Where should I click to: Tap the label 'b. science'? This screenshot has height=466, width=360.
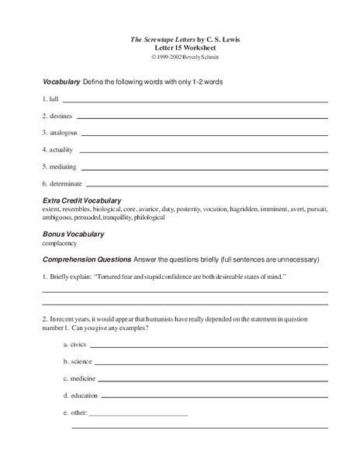77,361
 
